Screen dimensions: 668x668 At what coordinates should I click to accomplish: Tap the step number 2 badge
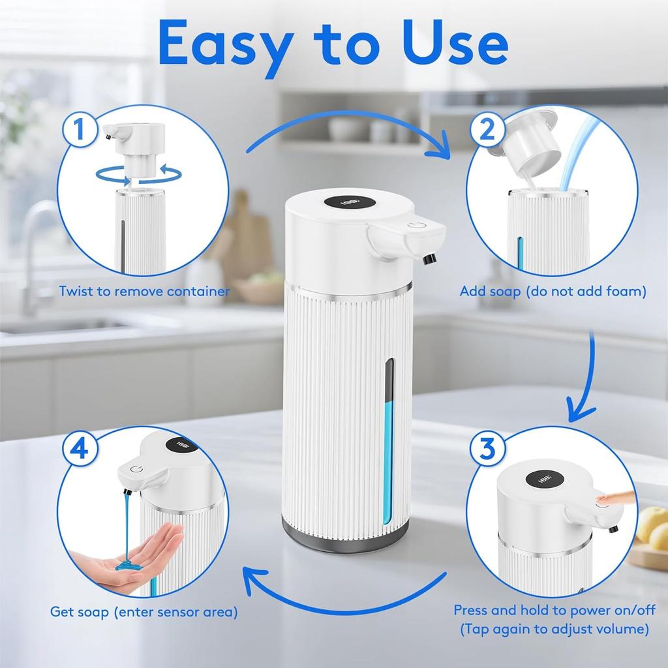click(x=487, y=130)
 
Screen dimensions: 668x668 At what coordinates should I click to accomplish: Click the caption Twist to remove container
click(x=144, y=291)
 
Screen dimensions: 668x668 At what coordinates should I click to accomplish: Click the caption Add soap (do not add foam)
click(x=553, y=291)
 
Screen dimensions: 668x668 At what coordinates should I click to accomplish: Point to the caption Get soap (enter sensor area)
click(x=144, y=612)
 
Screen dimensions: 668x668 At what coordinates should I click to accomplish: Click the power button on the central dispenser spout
click(x=419, y=228)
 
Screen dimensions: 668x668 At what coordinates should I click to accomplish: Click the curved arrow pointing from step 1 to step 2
click(x=346, y=128)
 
